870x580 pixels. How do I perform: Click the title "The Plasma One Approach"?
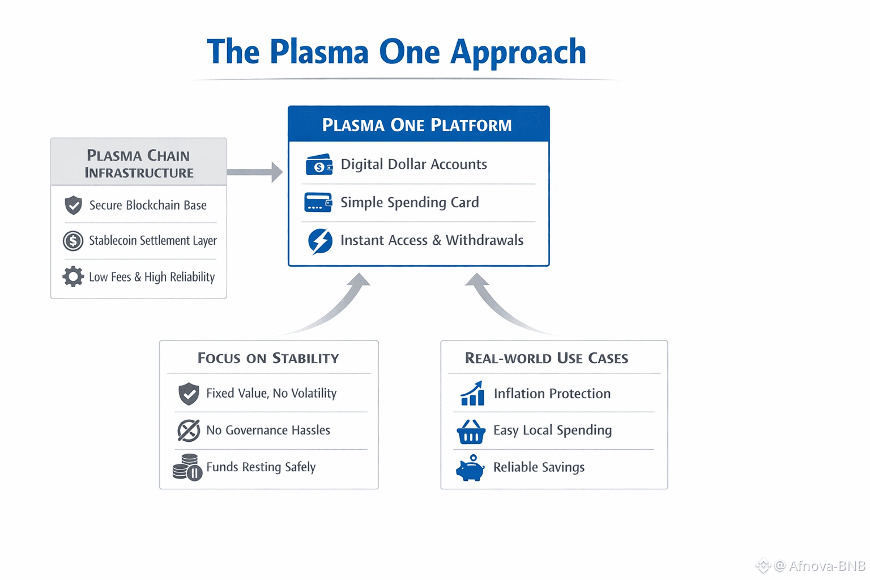coord(396,52)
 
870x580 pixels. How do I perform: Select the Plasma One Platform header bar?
coord(418,124)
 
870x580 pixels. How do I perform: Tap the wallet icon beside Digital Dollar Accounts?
coord(319,165)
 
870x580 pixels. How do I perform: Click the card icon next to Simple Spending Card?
coord(318,203)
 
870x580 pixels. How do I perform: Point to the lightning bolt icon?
coord(320,241)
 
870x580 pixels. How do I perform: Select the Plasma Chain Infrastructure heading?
coord(139,163)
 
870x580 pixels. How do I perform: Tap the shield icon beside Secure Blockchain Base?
coord(73,205)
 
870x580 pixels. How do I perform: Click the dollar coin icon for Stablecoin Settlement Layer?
coord(73,241)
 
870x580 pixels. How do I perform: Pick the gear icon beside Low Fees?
coord(73,277)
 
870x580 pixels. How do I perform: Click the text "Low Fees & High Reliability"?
coord(152,277)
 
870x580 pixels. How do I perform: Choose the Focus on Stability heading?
coord(268,358)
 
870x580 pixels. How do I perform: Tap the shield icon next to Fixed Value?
coord(189,393)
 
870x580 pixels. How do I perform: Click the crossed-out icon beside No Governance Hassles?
coord(189,430)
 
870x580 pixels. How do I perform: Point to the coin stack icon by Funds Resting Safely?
coord(187,468)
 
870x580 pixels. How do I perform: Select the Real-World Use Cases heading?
coord(547,358)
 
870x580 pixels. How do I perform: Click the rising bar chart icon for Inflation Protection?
coord(472,394)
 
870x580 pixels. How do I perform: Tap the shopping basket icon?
coord(471,432)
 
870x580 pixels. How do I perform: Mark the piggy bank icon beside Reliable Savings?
coord(470,468)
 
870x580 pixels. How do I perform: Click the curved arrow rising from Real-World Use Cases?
coord(498,303)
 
